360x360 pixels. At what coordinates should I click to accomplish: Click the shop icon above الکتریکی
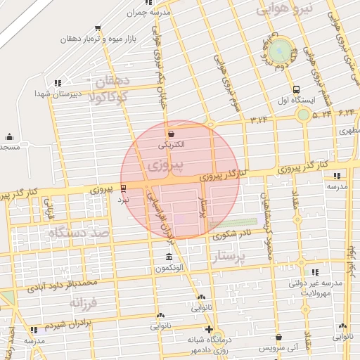pos(170,133)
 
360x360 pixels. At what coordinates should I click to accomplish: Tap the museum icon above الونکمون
pos(168,257)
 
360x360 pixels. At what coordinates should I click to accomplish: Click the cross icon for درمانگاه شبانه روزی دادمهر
pos(208,328)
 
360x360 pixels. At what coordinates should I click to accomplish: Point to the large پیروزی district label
pos(166,166)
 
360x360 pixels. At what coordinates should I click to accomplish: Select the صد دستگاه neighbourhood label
pos(77,233)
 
